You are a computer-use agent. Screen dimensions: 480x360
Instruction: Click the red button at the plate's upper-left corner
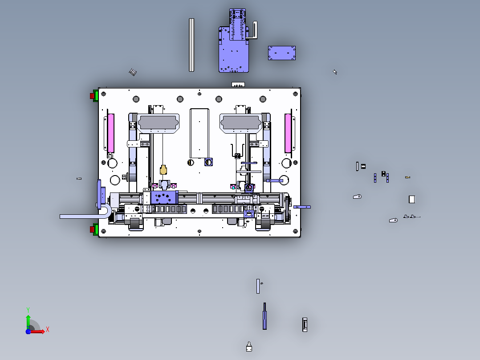tap(92, 96)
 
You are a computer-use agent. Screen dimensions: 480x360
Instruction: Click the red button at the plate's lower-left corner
tap(92, 229)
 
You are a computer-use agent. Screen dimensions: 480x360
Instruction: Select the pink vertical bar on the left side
tap(111, 133)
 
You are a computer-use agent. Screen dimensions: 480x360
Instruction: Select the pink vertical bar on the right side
tap(288, 133)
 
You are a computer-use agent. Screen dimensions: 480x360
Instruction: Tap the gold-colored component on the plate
tap(163, 170)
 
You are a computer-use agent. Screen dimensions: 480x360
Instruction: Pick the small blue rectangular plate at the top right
tap(281, 53)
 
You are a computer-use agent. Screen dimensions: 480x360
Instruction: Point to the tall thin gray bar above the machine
tap(191, 45)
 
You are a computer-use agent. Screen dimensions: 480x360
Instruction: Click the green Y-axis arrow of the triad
tap(28, 322)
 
